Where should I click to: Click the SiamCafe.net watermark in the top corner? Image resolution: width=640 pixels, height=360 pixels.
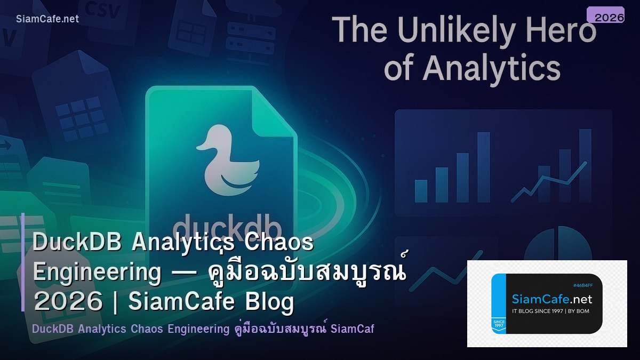click(x=47, y=19)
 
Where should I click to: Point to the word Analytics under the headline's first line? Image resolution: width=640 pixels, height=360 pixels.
click(x=491, y=69)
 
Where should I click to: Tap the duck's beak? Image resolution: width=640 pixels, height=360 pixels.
click(x=203, y=144)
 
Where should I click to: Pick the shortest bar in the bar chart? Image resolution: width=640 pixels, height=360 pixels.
click(x=421, y=191)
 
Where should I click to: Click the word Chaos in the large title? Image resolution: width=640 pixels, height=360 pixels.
click(x=278, y=243)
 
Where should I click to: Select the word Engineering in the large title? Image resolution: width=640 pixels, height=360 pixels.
click(x=97, y=272)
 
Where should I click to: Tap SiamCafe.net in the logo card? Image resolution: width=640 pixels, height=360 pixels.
click(x=551, y=299)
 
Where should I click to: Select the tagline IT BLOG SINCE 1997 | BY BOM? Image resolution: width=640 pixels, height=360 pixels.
click(x=550, y=311)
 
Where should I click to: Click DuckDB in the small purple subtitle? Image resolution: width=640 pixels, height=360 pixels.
click(x=52, y=329)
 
